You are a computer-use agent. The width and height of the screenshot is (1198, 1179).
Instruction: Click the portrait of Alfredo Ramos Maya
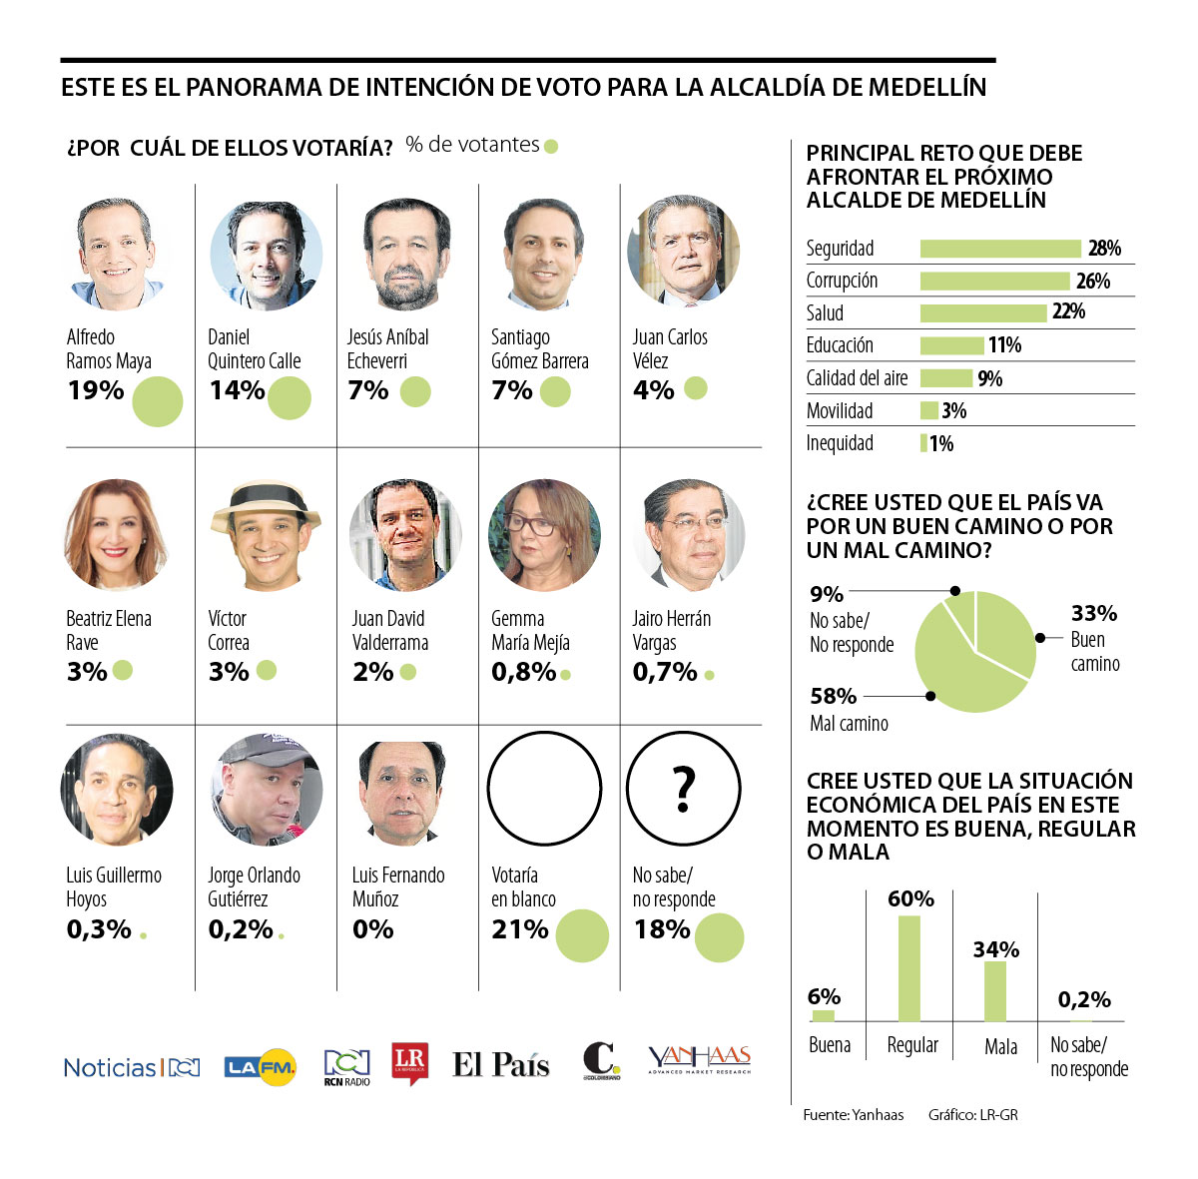tap(114, 253)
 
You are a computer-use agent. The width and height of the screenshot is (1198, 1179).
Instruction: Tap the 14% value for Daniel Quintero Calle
tap(237, 390)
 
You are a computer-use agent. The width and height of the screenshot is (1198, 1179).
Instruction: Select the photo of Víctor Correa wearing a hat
tap(266, 535)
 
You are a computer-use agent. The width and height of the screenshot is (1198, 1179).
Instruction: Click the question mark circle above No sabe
tap(684, 789)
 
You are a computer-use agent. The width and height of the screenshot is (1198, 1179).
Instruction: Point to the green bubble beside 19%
tap(157, 400)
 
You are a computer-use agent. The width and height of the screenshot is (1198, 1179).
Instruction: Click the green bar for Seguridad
tap(999, 249)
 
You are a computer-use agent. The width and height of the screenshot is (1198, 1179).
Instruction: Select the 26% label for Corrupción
tap(1093, 282)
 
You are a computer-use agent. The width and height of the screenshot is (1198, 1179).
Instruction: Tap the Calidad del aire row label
tap(857, 378)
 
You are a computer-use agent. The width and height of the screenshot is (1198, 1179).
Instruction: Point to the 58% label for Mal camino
tap(833, 696)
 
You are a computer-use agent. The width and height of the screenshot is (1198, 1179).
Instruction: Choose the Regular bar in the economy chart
tap(908, 968)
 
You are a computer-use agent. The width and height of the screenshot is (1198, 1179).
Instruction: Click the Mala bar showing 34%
tap(995, 991)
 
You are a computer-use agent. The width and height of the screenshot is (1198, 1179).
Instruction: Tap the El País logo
tap(501, 1064)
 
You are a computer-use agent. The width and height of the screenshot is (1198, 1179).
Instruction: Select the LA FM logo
tap(260, 1067)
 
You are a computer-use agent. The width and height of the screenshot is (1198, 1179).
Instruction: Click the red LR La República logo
tap(410, 1064)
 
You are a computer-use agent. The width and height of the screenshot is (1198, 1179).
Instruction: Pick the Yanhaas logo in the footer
tap(699, 1060)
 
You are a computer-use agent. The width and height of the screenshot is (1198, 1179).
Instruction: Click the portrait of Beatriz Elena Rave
tap(115, 535)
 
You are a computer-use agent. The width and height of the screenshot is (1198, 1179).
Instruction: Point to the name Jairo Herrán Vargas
tap(671, 631)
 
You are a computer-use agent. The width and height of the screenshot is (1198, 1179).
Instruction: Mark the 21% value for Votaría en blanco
tap(519, 929)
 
